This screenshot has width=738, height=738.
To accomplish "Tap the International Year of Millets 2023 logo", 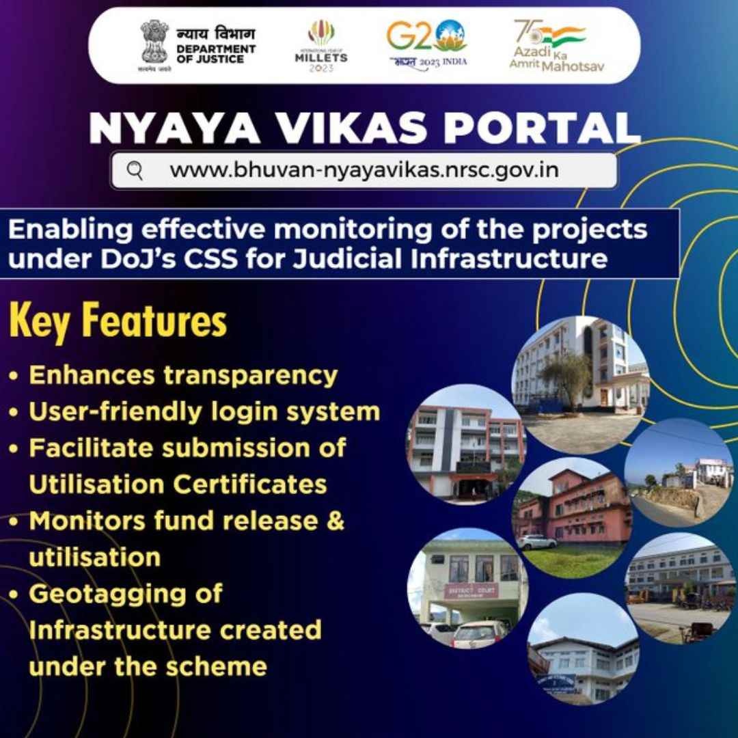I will [x=320, y=46].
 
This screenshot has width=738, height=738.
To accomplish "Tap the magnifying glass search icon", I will [x=135, y=170].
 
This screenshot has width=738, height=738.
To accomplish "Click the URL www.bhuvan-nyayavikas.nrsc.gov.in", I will [x=364, y=170].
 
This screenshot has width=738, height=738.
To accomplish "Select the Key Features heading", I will [x=118, y=323].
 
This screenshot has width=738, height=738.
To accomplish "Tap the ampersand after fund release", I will [x=336, y=521].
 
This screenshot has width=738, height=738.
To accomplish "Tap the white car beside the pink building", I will [x=537, y=542].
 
